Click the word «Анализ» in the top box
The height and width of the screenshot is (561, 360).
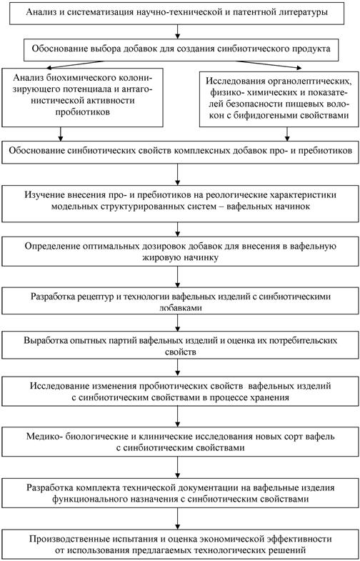[x=39, y=13]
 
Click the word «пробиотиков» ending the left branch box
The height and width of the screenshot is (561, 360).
[x=83, y=111]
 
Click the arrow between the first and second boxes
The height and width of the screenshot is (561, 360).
[x=178, y=31]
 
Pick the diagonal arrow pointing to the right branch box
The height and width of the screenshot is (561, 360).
[x=267, y=64]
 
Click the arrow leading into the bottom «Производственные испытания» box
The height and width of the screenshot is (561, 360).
[x=178, y=517]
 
